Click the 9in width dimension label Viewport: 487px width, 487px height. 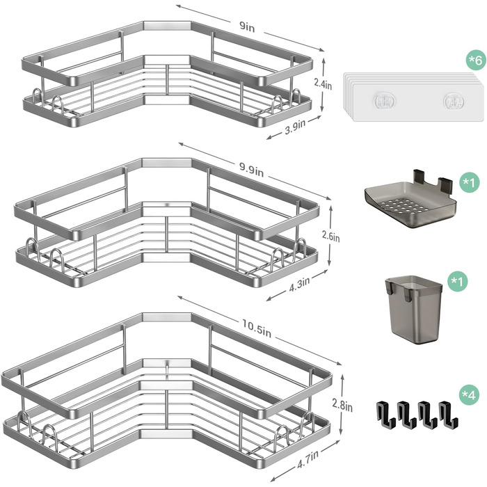coord(247,27)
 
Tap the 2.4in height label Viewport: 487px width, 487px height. coord(323,84)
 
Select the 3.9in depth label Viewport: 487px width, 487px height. coord(295,127)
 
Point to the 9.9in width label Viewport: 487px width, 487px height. coord(251,170)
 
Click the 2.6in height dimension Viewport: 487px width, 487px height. coord(330,237)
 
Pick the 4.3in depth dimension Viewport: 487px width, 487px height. coord(299,284)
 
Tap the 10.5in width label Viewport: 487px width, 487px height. coord(257,328)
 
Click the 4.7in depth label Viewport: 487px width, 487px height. coord(308,459)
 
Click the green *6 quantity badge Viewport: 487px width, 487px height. coord(476,60)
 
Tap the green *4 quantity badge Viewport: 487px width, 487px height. coord(469,394)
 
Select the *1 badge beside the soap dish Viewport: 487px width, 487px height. coord(470,182)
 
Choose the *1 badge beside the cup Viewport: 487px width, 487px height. coord(457,282)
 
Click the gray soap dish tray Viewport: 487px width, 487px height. coord(410,202)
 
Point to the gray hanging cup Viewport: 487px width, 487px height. coord(414,310)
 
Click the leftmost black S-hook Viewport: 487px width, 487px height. coord(385,415)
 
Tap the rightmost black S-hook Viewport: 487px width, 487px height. coord(449,415)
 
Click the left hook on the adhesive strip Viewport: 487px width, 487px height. coord(384,102)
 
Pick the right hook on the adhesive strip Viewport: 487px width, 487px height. coord(454,102)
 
